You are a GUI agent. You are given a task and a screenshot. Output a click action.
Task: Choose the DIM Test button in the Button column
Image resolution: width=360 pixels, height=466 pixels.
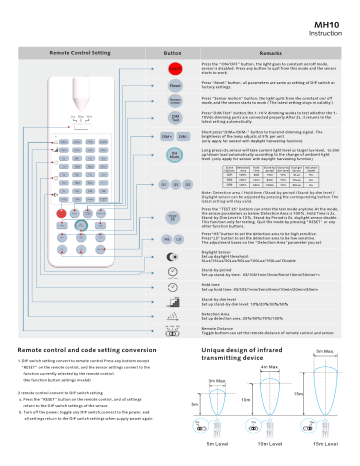click(174, 119)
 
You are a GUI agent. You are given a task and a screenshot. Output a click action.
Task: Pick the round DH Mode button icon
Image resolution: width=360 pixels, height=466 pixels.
click(174, 155)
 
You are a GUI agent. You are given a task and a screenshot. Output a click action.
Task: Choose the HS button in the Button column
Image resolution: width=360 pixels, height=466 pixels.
click(167, 240)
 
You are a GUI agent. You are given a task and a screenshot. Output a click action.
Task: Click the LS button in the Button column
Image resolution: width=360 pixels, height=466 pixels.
click(181, 240)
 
